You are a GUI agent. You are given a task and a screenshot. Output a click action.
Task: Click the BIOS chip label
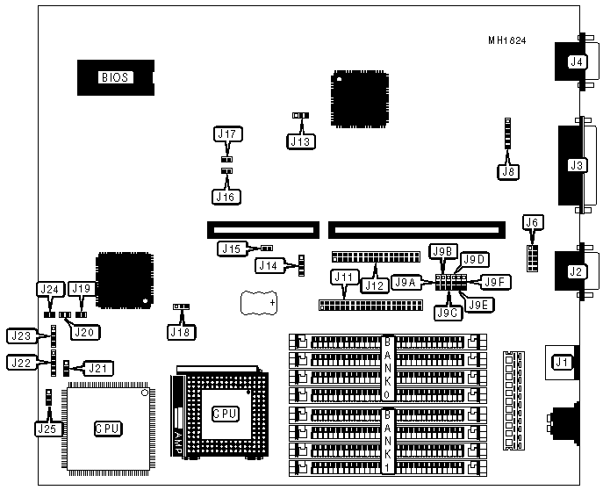[114, 76]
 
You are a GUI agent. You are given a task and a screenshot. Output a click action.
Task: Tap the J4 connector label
[576, 61]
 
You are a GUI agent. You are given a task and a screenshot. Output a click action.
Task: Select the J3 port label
[576, 164]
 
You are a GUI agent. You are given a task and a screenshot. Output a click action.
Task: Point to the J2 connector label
[576, 271]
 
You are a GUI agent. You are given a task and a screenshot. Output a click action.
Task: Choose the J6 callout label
[531, 223]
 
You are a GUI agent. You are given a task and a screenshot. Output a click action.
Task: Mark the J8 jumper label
[506, 172]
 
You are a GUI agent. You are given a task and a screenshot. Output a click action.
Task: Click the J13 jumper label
[301, 140]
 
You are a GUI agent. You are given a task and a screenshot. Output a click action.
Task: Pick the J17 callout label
[227, 134]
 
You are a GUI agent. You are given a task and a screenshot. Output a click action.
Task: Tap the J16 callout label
[226, 197]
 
